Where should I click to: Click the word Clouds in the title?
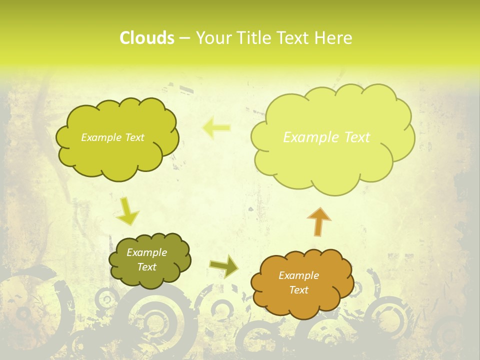(146, 38)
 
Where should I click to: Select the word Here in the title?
(334, 38)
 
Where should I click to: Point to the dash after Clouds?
(184, 38)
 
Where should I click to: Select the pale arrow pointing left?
(216, 128)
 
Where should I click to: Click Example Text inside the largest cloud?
(326, 137)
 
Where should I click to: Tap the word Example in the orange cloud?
(298, 275)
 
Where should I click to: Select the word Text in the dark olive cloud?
(146, 267)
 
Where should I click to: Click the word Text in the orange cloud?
(298, 290)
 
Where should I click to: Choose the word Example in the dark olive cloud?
(146, 252)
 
